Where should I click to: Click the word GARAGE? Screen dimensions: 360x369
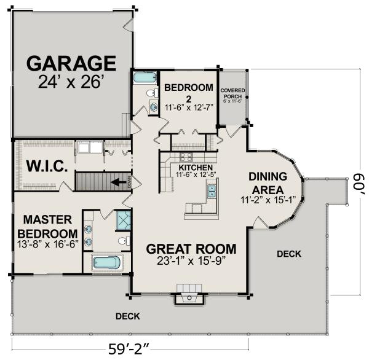(x=71, y=63)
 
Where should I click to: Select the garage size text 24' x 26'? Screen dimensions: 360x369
(x=72, y=82)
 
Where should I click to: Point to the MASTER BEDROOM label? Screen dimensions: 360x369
(x=47, y=226)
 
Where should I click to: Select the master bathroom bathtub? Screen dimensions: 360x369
(x=108, y=263)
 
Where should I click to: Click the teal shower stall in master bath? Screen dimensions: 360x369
(x=123, y=220)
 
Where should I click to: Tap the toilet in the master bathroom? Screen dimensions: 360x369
(x=123, y=241)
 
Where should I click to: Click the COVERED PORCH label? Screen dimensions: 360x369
(x=233, y=93)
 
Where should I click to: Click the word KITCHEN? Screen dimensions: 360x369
(x=196, y=167)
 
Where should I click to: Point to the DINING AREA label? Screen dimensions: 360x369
(x=268, y=182)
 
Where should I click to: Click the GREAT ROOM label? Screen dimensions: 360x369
(x=191, y=249)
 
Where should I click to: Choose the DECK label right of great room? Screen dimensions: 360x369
(x=289, y=253)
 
